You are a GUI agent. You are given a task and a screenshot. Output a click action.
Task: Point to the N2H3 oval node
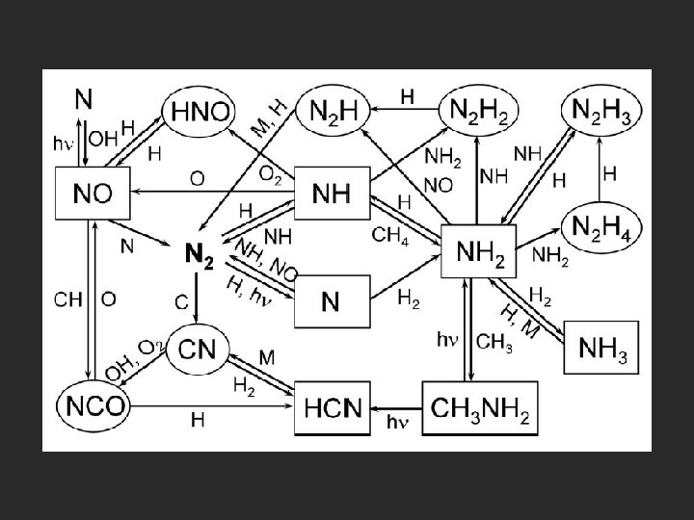coord(604,110)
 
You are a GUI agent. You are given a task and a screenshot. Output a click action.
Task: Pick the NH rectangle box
coord(330,194)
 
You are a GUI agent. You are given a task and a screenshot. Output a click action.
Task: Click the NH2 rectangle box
coord(478,252)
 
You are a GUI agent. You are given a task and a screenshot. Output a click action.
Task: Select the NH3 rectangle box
coord(603,348)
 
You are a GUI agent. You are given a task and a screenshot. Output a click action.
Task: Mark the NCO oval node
coord(93,404)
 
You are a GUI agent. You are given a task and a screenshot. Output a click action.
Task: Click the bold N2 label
coord(199,254)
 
